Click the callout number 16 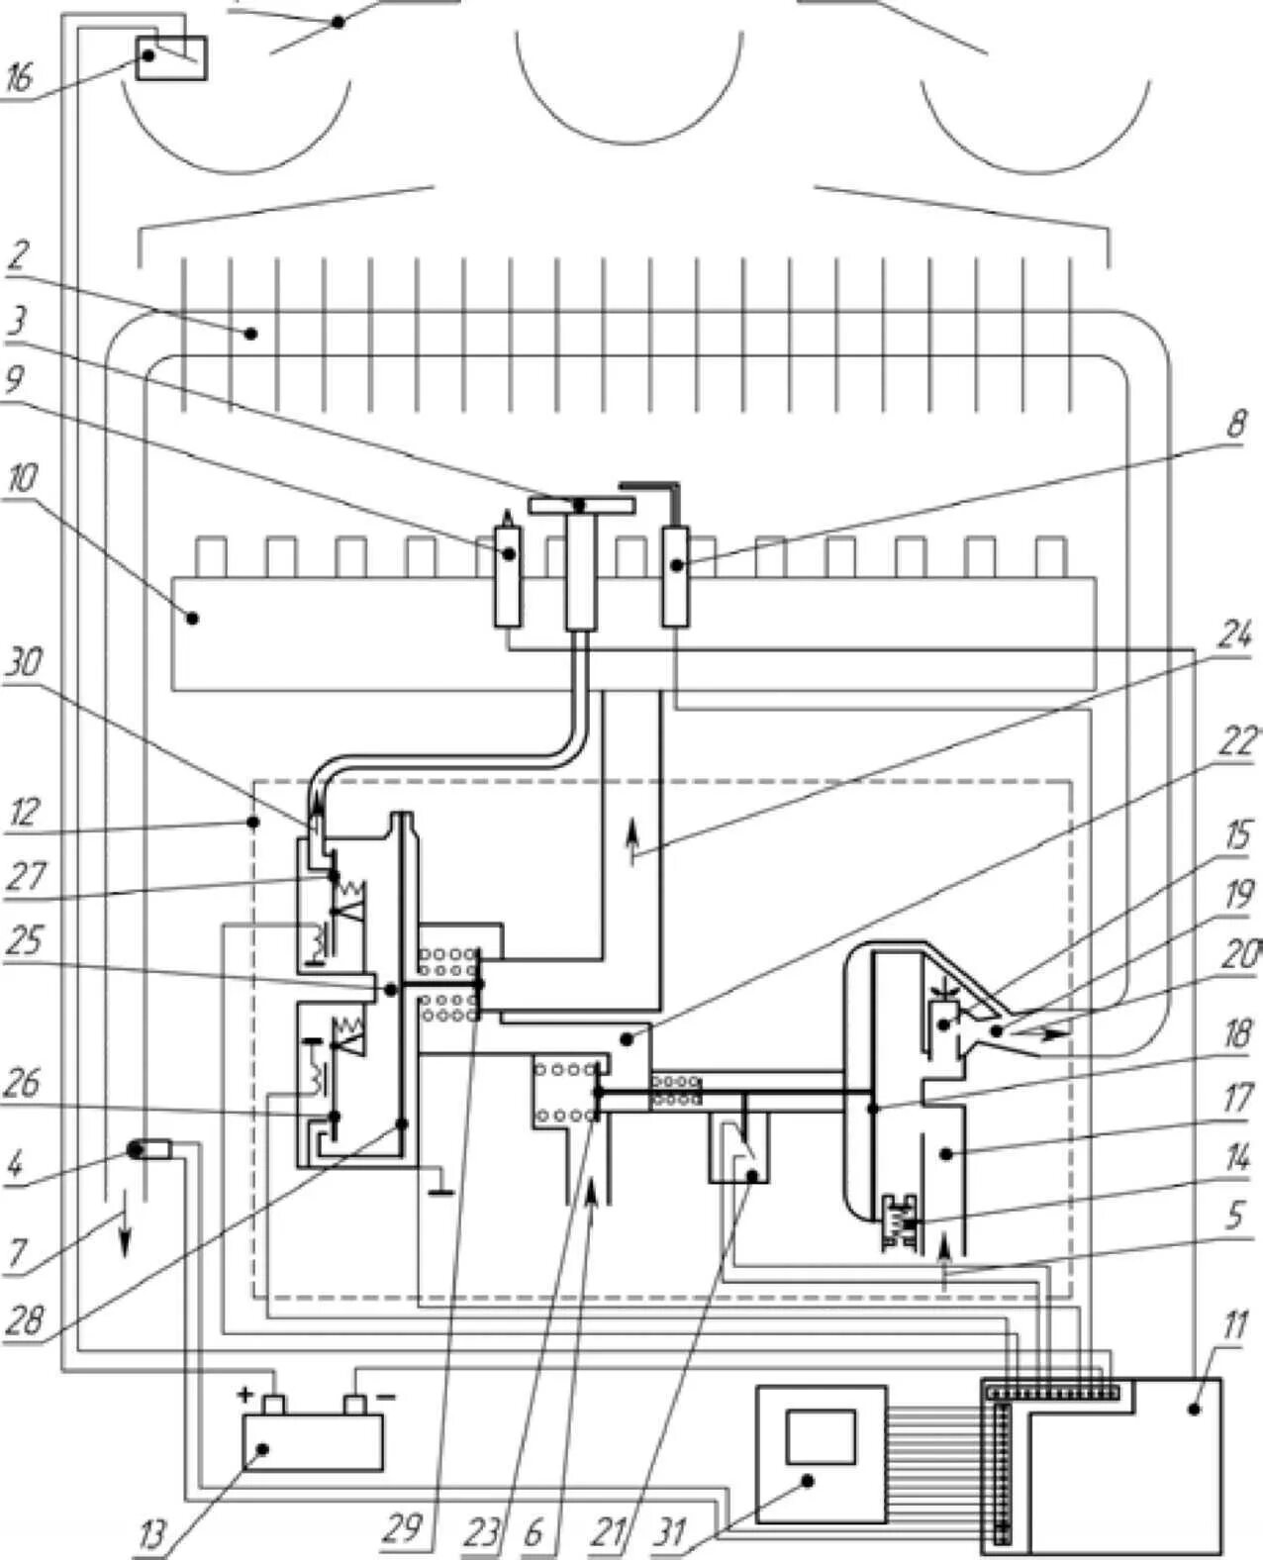[x=20, y=77]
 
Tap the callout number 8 [x=1236, y=426]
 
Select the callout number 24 [x=1233, y=636]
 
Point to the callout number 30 [x=23, y=661]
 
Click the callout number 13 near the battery [x=151, y=1535]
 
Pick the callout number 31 [x=672, y=1531]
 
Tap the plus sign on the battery [x=244, y=1395]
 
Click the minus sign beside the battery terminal [x=386, y=1396]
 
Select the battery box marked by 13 [x=313, y=1441]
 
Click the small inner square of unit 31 [x=820, y=1436]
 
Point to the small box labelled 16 [x=171, y=58]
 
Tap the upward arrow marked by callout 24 [x=631, y=846]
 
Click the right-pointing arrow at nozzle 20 [x=1051, y=1032]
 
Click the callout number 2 [x=17, y=256]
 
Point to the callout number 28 [x=24, y=1319]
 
